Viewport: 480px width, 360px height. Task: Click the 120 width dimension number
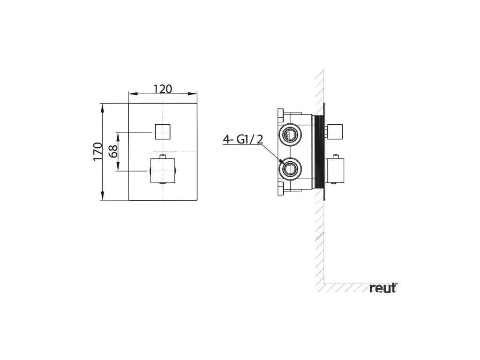(x=163, y=89)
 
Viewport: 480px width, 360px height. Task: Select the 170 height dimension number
(x=97, y=151)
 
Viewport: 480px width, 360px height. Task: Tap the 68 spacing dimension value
(x=112, y=151)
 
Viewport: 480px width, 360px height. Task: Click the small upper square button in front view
(x=162, y=132)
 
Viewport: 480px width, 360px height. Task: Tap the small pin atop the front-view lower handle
(x=162, y=156)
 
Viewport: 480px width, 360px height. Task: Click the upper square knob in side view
(x=336, y=132)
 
